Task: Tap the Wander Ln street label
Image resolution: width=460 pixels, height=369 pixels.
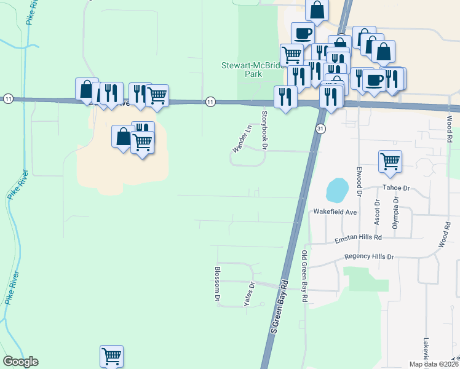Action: coord(242,139)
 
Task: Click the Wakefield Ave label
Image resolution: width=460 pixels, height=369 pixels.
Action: coord(335,212)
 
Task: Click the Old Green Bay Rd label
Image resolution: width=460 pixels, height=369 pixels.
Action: coord(304,276)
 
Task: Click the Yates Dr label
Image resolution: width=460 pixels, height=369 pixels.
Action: coord(250,295)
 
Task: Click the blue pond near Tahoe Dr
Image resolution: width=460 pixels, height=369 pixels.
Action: coord(336,191)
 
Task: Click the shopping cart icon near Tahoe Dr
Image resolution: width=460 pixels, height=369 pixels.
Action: coord(390,162)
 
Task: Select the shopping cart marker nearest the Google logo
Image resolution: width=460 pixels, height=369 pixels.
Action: coord(111,356)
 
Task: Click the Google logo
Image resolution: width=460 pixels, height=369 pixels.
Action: coord(20,362)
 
